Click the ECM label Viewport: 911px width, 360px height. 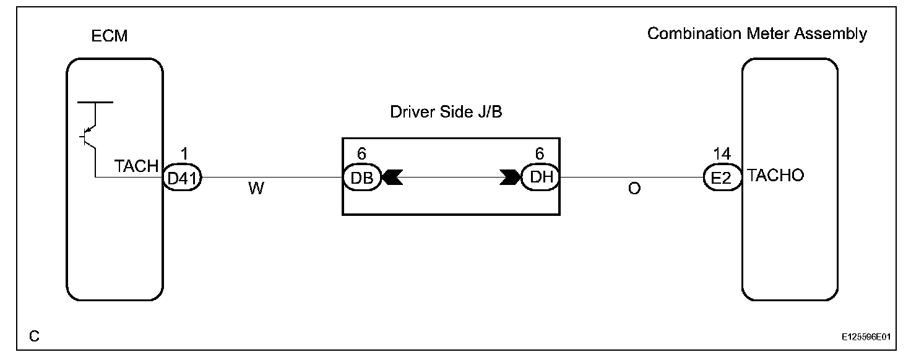tap(109, 36)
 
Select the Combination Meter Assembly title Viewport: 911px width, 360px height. tap(757, 34)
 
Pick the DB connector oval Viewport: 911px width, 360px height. tap(362, 178)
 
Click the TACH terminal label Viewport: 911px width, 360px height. tap(137, 166)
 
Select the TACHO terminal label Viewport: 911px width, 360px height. tap(775, 176)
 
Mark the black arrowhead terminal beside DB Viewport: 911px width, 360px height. tap(392, 178)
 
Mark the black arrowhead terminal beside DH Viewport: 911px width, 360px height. tap(510, 178)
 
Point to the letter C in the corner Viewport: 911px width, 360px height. tap(35, 336)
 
